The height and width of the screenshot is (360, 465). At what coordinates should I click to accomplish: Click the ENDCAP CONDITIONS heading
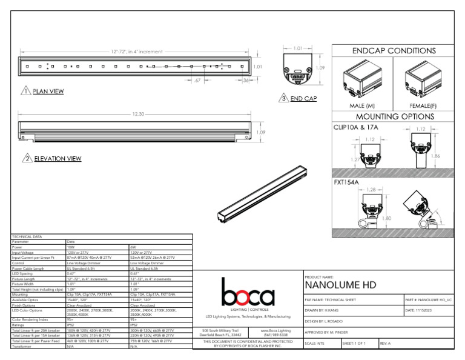point(394,51)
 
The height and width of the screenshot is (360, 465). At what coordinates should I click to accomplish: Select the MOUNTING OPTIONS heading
point(394,116)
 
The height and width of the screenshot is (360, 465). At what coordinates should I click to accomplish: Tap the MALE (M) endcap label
point(362,105)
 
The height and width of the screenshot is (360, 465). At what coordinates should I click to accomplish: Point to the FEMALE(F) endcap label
point(423,105)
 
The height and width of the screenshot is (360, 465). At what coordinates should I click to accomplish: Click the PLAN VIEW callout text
point(48,92)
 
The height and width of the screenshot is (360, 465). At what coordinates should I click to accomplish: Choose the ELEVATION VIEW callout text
point(58,159)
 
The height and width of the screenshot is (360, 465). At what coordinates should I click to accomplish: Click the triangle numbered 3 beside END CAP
point(283,98)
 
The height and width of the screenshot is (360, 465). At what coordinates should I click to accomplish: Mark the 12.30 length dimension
point(137,114)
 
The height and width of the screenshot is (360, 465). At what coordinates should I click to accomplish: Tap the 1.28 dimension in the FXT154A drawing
point(371,190)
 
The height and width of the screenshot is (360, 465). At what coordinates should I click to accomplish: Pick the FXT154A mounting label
point(347,181)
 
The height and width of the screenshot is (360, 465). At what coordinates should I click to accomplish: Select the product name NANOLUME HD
point(340,285)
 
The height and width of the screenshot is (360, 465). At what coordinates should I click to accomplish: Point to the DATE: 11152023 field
point(423,310)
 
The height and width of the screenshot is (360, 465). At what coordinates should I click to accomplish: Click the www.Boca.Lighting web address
point(276,331)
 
